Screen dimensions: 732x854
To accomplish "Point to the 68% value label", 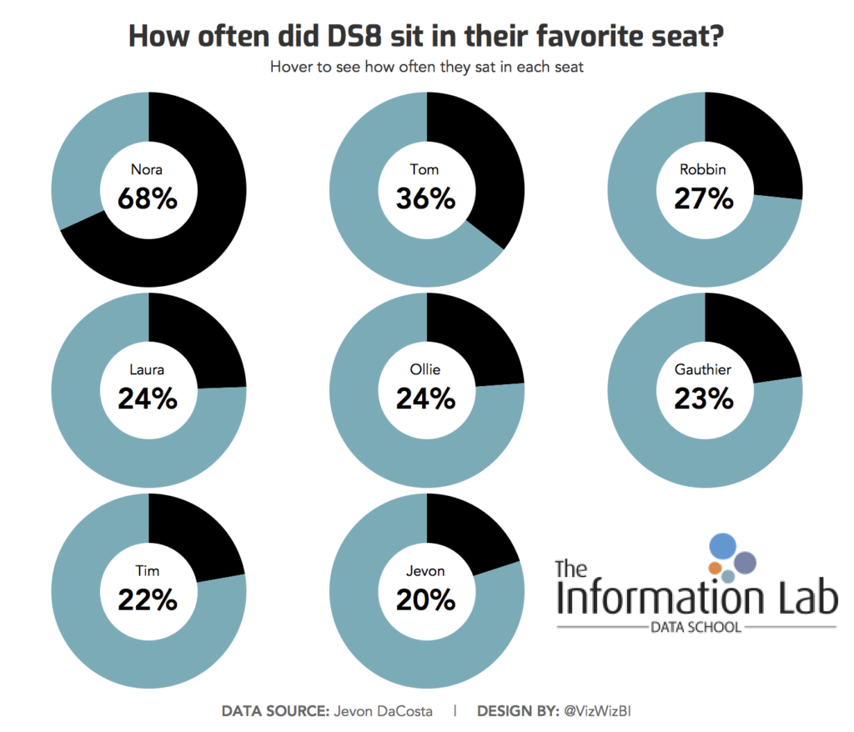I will (x=148, y=199).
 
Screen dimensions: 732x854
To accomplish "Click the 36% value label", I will (x=426, y=199).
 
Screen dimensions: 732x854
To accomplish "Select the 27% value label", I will (x=705, y=199).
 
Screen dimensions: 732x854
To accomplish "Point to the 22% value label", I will (x=148, y=599).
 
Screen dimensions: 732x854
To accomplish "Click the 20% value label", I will (x=426, y=599).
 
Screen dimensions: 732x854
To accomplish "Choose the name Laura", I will (x=148, y=370).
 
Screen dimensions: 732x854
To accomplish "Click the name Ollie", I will (x=426, y=370).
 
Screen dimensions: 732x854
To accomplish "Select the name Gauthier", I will (x=705, y=370).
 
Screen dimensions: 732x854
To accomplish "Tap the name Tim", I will (x=148, y=571).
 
